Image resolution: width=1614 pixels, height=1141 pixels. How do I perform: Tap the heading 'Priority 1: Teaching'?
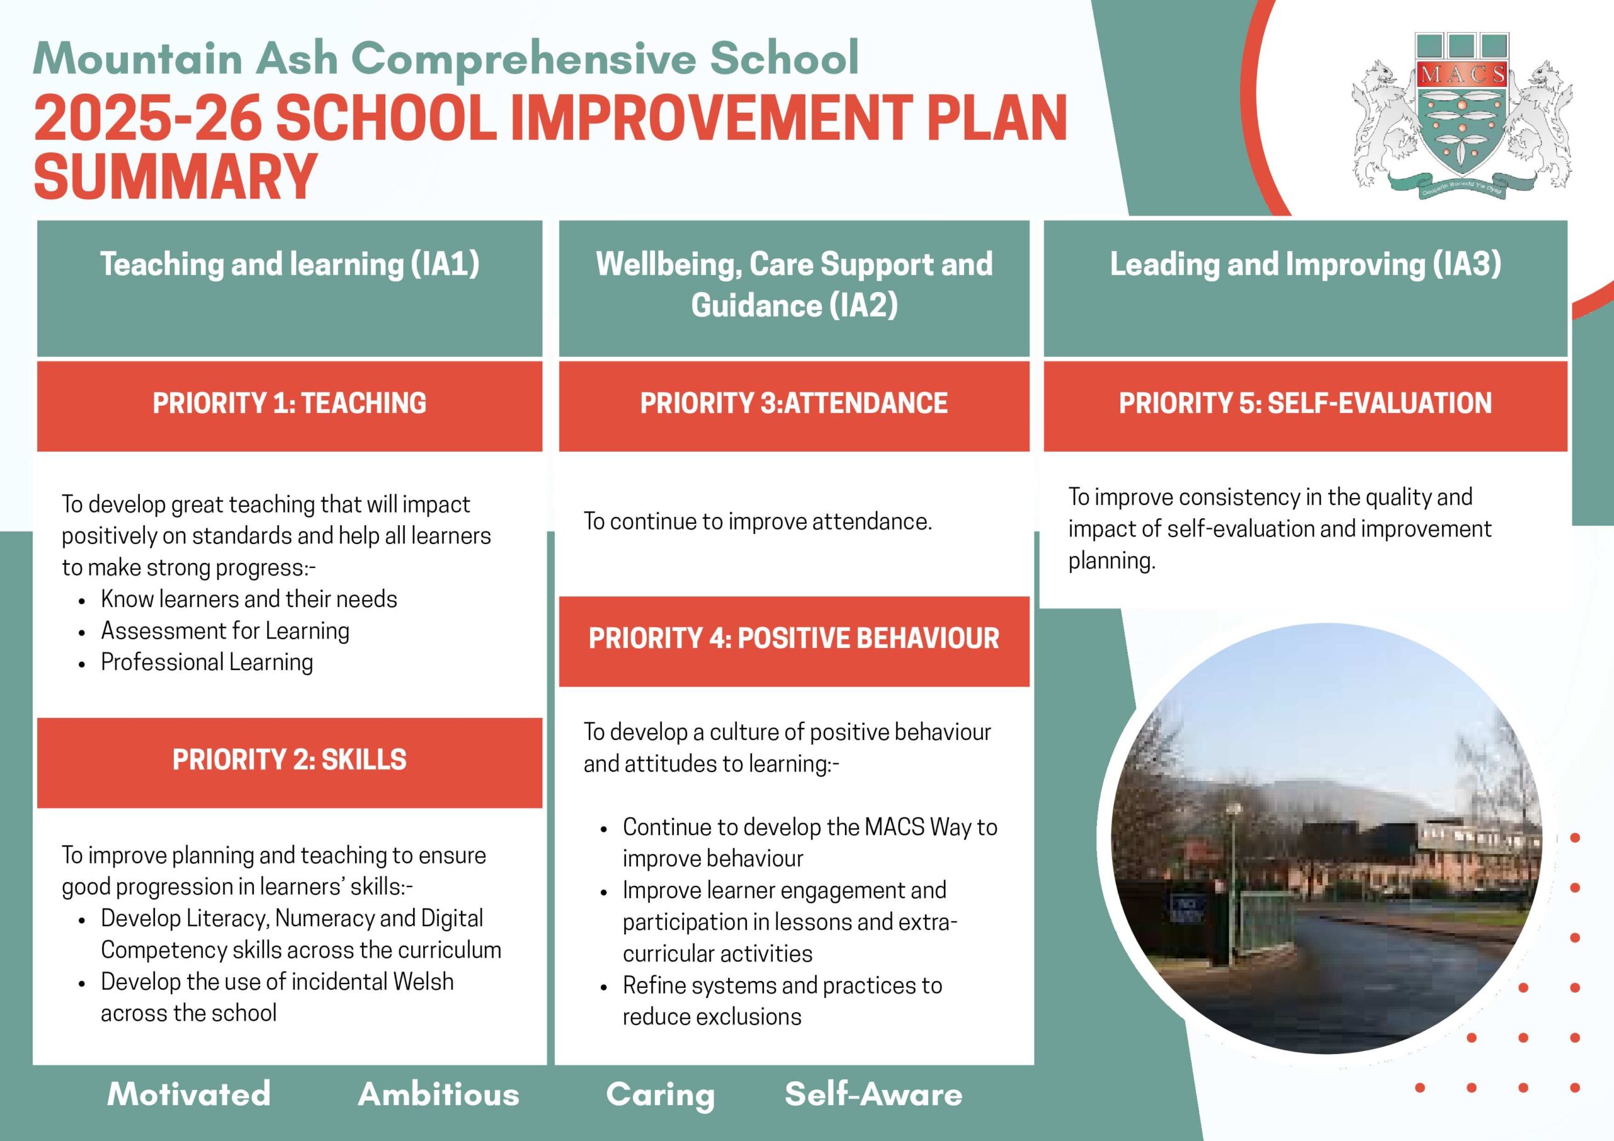pos(289,403)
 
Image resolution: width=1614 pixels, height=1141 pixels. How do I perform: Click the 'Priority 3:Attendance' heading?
pos(794,403)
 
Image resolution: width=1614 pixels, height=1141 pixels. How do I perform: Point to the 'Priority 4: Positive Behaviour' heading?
pos(794,639)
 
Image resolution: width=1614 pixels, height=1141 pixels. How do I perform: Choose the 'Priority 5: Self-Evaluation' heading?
pos(1306,403)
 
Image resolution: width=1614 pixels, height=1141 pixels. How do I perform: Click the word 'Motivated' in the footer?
pos(189,1094)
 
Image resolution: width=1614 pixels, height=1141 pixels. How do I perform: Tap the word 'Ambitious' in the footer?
pos(439,1094)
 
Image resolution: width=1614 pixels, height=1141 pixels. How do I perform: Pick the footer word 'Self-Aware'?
pos(874,1094)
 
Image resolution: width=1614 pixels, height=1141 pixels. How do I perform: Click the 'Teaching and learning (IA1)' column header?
pos(289,264)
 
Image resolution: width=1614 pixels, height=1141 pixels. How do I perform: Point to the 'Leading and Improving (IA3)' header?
pos(1306,264)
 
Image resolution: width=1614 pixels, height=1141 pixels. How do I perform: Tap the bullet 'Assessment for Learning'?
pos(225,630)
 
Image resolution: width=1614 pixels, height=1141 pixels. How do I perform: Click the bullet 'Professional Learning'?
pos(207,663)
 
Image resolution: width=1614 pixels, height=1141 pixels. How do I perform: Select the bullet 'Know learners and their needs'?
pos(249,599)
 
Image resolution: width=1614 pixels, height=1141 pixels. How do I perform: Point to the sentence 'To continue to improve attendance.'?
pos(758,521)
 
